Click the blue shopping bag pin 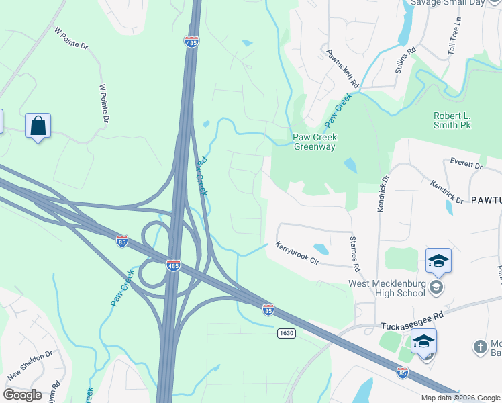pos(38,126)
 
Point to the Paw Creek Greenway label pos(314,142)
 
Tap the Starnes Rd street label pos(355,254)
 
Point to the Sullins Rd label pos(405,60)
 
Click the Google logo pos(22,395)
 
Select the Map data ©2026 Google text pos(460,398)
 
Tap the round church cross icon pos(479,347)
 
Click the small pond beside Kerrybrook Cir pos(321,249)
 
